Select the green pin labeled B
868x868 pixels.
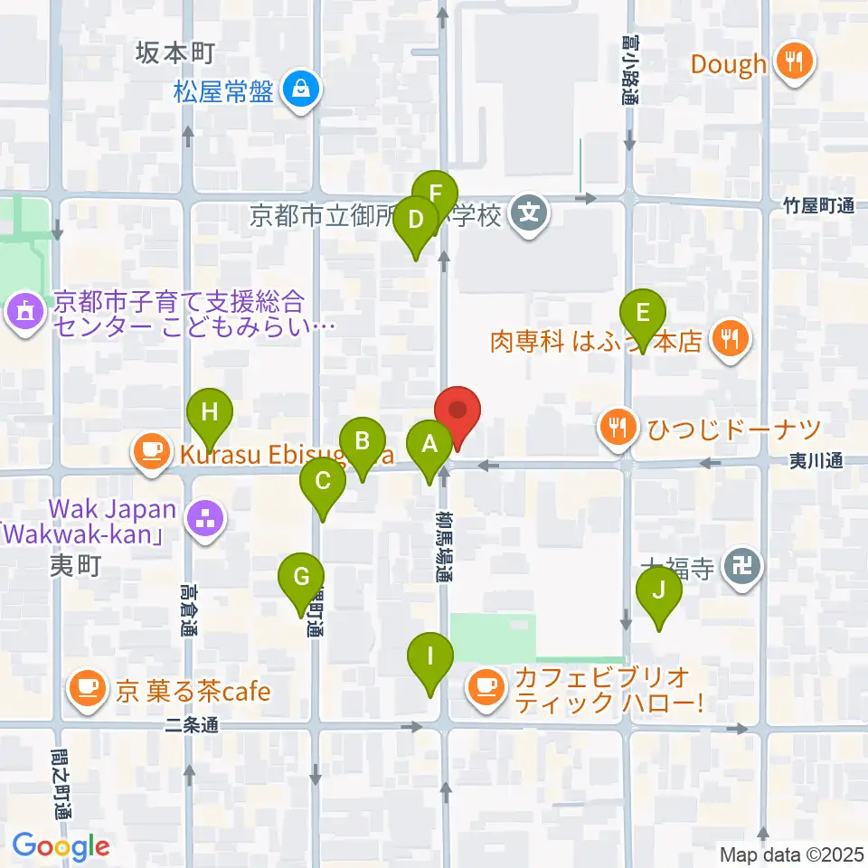(363, 442)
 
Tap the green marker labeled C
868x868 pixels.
(323, 481)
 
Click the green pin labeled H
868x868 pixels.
(210, 414)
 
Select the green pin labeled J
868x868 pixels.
(659, 591)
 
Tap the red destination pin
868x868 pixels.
(458, 412)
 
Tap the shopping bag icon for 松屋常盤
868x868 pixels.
(298, 91)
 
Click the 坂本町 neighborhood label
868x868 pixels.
(175, 53)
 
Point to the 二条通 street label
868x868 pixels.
(193, 724)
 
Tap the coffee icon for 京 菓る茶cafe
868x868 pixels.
(88, 692)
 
